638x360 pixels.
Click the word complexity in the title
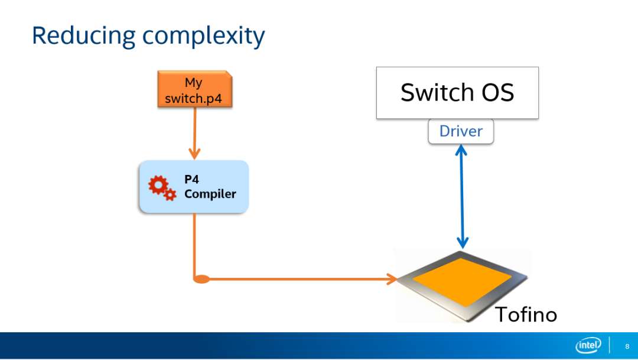[203, 37]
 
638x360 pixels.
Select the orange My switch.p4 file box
[194, 89]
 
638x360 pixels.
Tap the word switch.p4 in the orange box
[194, 98]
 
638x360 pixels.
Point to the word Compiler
[210, 194]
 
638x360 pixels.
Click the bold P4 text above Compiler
[191, 179]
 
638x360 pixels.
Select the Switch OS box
[457, 93]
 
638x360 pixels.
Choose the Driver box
[461, 131]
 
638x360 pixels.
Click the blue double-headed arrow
[462, 198]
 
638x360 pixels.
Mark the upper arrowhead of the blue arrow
[462, 150]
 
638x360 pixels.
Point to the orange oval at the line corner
[201, 279]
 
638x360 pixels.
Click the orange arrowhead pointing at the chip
[391, 279]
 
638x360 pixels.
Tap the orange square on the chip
[462, 281]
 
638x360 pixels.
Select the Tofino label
[526, 314]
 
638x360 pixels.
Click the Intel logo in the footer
[588, 346]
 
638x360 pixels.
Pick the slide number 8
[627, 346]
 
